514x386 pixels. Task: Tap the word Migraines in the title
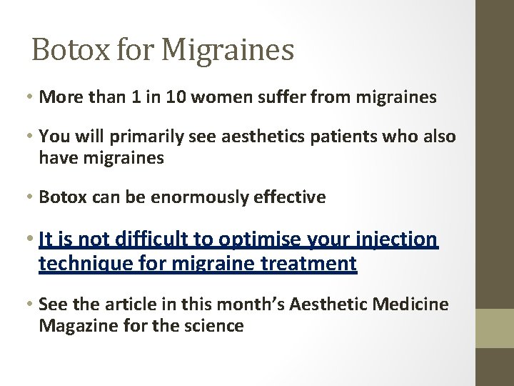pyautogui.click(x=228, y=50)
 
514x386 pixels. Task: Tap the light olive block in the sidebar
pyautogui.click(x=495, y=328)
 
